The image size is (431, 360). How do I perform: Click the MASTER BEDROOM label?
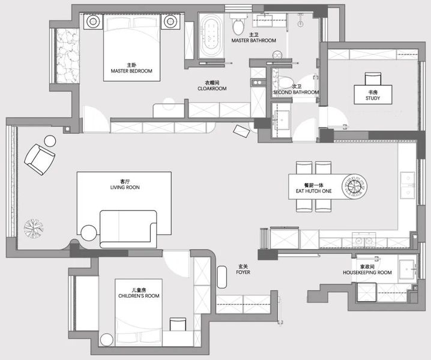[x=131, y=71]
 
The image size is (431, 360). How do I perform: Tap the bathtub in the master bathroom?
[x=211, y=35]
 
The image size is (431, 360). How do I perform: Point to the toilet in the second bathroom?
[x=285, y=82]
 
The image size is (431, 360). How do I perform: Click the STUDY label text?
[x=373, y=98]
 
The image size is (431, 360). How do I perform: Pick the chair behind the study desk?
[x=373, y=79]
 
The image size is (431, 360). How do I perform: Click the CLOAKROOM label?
[x=212, y=88]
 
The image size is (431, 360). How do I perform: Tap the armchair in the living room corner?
[x=40, y=160]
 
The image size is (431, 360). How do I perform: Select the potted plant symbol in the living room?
[x=34, y=229]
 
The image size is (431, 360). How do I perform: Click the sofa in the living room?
[x=128, y=229]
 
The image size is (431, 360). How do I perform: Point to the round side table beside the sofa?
[x=89, y=233]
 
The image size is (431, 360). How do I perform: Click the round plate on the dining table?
[x=355, y=187]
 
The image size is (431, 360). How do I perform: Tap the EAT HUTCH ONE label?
[x=313, y=191]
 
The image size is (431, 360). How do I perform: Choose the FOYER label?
[x=243, y=272]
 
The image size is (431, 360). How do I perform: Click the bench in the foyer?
[x=222, y=277]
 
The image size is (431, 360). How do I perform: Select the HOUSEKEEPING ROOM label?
[x=367, y=272]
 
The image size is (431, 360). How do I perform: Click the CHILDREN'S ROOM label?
[x=139, y=296]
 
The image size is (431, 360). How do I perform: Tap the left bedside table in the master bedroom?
[x=93, y=22]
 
